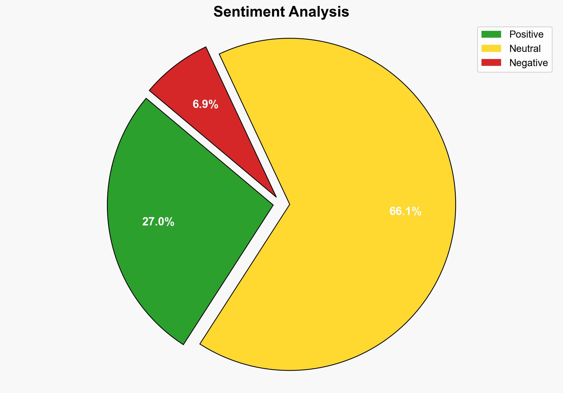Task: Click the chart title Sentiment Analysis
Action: pyautogui.click(x=281, y=12)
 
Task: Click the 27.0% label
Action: pyautogui.click(x=158, y=222)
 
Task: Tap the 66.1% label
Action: pyautogui.click(x=405, y=211)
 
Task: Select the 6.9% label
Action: pyautogui.click(x=205, y=104)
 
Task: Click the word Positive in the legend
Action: pyautogui.click(x=526, y=34)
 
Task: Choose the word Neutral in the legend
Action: pyautogui.click(x=525, y=49)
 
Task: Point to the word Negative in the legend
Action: pyautogui.click(x=528, y=63)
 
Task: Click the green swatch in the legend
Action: pyautogui.click(x=491, y=34)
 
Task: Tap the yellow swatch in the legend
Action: pyautogui.click(x=491, y=48)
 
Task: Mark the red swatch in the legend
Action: pyautogui.click(x=491, y=63)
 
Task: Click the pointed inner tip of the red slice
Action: pyautogui.click(x=276, y=196)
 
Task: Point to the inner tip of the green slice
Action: pyautogui.click(x=272, y=204)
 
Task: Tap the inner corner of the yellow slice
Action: pyautogui.click(x=289, y=204)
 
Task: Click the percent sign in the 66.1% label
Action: pyautogui.click(x=417, y=211)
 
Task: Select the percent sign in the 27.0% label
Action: pyautogui.click(x=170, y=222)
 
